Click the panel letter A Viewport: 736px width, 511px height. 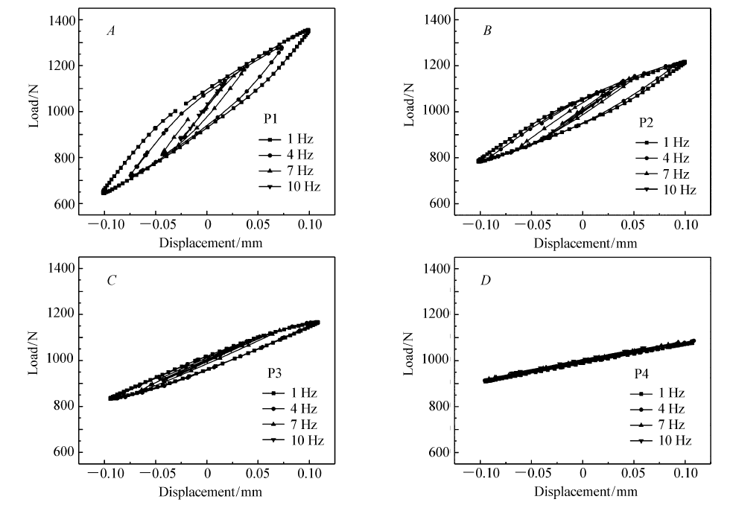click(111, 31)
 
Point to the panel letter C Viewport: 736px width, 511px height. click(111, 280)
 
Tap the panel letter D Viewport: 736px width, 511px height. click(486, 280)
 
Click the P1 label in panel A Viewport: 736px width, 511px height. click(272, 118)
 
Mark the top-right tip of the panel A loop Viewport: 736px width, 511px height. click(308, 31)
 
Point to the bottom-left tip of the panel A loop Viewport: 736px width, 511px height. click(104, 192)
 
